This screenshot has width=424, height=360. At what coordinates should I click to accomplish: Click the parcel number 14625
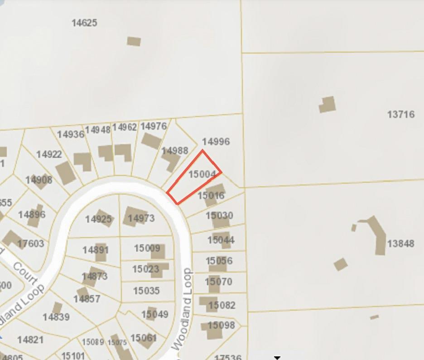(x=84, y=23)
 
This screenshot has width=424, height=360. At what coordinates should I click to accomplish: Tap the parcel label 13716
(x=400, y=114)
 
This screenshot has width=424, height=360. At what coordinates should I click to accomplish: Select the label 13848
(x=400, y=244)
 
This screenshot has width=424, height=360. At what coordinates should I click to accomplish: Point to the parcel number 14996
(x=216, y=141)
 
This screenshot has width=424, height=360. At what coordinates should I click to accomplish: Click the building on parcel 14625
(x=134, y=41)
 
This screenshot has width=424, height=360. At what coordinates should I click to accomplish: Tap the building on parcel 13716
(x=328, y=104)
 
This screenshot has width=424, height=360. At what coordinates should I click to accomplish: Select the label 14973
(x=141, y=219)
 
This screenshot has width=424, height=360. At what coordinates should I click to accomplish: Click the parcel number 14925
(x=98, y=219)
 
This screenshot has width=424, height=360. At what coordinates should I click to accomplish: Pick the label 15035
(x=146, y=290)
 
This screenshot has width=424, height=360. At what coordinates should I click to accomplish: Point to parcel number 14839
(x=56, y=317)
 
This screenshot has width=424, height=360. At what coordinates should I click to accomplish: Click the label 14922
(x=49, y=155)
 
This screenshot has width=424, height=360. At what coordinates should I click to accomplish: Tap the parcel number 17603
(x=31, y=243)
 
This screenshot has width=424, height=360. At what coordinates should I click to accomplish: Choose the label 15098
(x=221, y=325)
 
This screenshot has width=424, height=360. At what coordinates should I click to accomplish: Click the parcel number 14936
(x=71, y=134)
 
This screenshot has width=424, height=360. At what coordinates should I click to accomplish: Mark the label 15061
(x=144, y=338)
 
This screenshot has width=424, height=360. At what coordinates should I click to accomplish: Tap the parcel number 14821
(x=30, y=339)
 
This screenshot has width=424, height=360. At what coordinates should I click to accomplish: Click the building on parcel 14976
(x=151, y=141)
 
